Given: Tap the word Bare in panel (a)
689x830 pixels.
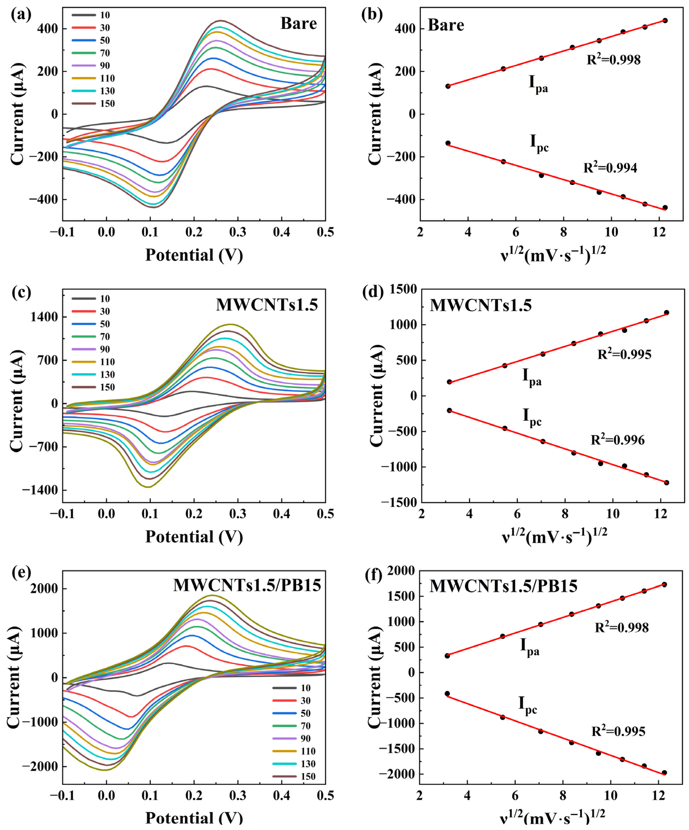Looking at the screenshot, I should pyautogui.click(x=299, y=24).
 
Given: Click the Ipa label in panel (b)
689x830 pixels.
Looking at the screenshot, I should pyautogui.click(x=538, y=83).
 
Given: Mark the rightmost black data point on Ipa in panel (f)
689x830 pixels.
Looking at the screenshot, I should pyautogui.click(x=664, y=584).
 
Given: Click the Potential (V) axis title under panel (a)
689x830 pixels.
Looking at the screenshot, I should pyautogui.click(x=194, y=255).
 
